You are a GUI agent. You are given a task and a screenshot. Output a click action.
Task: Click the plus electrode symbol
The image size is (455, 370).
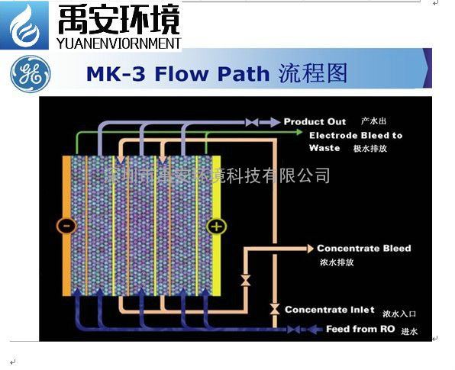point(216,226)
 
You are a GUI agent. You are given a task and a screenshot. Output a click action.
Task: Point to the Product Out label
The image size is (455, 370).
point(315,121)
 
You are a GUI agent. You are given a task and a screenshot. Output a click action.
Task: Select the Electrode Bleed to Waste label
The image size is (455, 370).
point(355,141)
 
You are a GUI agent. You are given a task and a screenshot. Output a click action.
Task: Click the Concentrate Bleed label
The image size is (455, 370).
point(363,248)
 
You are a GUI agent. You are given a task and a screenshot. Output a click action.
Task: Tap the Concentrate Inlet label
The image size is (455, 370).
point(329,310)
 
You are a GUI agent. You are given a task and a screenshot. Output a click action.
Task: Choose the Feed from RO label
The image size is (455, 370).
point(348,329)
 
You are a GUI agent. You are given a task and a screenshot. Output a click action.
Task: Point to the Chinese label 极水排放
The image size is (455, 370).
point(369,149)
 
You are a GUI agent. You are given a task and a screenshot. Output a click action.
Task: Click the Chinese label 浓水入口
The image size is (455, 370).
point(402,312)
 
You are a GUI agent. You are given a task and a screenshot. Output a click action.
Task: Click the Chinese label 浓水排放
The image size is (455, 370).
point(336,262)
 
